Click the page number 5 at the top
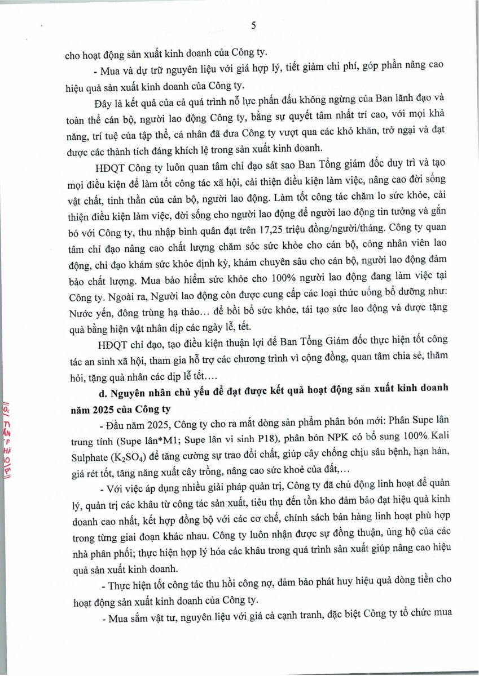pos(253,25)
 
